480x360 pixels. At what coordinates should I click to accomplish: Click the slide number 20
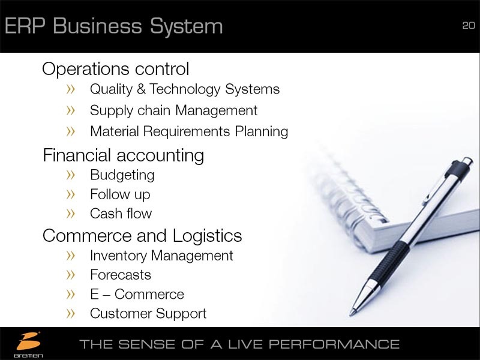click(469, 25)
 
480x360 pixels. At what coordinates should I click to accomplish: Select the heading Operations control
click(115, 68)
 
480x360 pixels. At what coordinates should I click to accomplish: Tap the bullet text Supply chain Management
click(173, 111)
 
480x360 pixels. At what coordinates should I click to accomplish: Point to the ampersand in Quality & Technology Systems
click(141, 89)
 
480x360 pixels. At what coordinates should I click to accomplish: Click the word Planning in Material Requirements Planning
click(262, 132)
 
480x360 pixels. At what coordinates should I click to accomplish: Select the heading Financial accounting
click(124, 155)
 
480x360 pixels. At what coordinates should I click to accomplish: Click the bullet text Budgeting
click(122, 176)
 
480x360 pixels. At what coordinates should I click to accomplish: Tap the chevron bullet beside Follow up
click(70, 194)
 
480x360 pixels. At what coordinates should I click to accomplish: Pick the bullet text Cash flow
click(121, 214)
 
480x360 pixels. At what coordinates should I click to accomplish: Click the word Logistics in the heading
click(207, 236)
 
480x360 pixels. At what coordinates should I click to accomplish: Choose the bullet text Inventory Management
click(161, 256)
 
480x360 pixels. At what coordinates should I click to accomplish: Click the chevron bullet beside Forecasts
click(70, 275)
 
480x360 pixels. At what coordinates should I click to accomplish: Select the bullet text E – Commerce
click(137, 294)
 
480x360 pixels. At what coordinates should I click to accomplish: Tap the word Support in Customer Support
click(181, 314)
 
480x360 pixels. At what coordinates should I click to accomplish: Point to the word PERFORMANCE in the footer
click(334, 344)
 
